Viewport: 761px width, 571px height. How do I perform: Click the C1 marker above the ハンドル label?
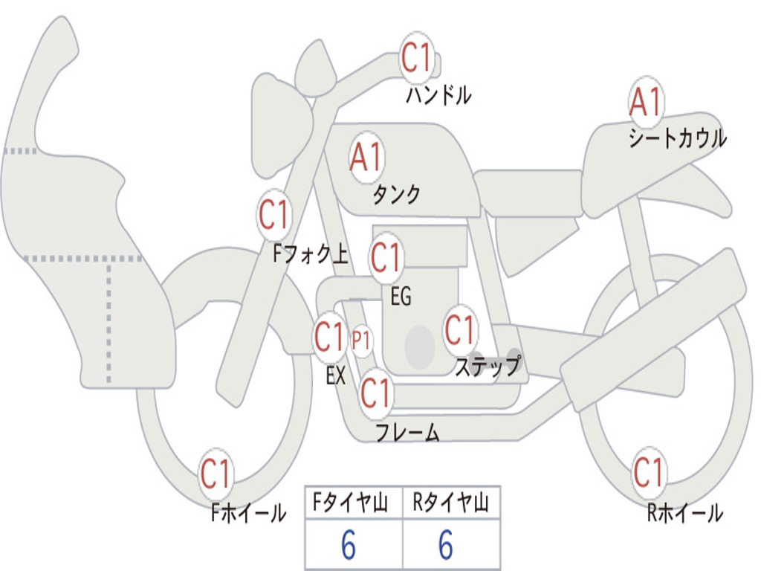[417, 57]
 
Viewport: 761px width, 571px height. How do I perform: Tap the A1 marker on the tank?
[366, 158]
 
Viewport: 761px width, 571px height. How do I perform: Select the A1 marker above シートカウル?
[646, 103]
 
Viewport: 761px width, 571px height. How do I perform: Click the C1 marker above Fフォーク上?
[274, 214]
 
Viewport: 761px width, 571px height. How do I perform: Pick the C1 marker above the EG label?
[386, 257]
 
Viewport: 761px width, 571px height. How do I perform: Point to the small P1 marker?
[362, 341]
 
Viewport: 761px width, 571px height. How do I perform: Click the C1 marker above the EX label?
[329, 337]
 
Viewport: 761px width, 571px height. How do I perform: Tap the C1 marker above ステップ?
[459, 330]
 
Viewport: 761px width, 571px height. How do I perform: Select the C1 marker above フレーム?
[376, 393]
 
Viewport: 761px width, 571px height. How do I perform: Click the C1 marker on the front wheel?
[216, 474]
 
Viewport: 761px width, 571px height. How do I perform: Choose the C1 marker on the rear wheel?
[649, 472]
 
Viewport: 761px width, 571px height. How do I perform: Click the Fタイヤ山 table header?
[350, 503]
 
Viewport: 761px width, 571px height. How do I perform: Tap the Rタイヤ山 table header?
[451, 503]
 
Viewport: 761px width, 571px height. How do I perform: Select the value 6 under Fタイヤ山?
[349, 545]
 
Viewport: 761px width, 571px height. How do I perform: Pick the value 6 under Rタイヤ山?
[446, 545]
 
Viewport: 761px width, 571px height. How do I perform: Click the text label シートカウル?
[678, 138]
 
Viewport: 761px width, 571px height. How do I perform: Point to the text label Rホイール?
[685, 513]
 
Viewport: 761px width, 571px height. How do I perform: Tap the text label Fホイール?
[248, 513]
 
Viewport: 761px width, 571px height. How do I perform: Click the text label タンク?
[396, 195]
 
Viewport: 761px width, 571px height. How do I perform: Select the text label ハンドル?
[438, 95]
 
